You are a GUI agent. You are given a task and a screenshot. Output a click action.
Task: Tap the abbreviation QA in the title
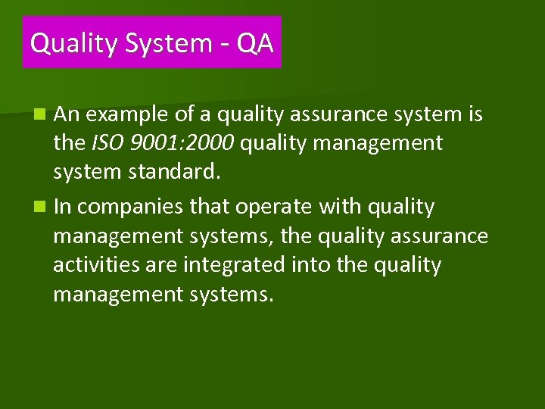point(254,43)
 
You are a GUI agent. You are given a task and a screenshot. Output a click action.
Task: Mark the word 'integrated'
point(244,265)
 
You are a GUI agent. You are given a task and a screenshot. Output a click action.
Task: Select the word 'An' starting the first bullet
point(67,114)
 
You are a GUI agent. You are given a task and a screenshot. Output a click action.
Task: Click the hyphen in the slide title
point(221,45)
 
